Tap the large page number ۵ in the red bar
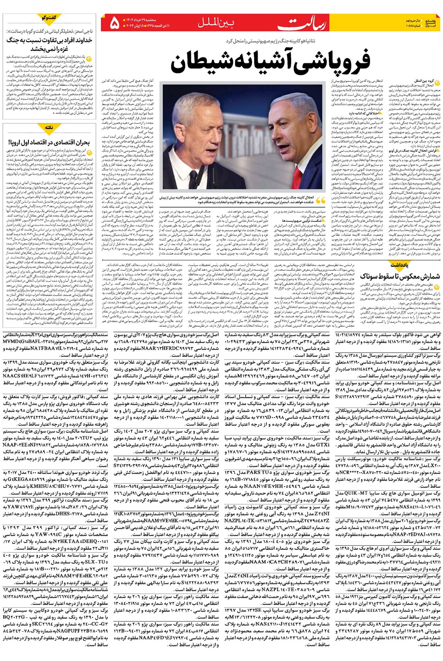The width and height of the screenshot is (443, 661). (x=115, y=22)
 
